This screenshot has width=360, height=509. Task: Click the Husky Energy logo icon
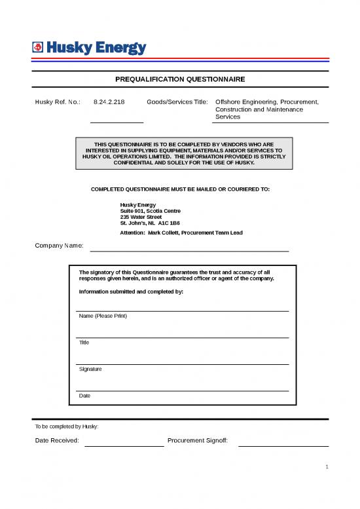click(x=38, y=47)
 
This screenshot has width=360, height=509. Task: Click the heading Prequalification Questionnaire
click(x=180, y=79)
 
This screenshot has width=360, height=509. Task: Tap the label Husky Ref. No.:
click(x=57, y=102)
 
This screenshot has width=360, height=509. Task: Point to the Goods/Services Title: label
click(x=177, y=102)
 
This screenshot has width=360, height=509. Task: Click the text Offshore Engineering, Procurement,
click(x=266, y=102)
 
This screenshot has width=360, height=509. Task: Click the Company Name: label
click(x=59, y=246)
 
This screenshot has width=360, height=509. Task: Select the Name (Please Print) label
click(x=103, y=316)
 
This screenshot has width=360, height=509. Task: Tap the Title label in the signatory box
click(x=84, y=343)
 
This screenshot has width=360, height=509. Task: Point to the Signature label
click(x=90, y=369)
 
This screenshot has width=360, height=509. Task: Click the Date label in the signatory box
click(x=84, y=396)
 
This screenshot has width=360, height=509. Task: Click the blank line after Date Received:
click(x=124, y=445)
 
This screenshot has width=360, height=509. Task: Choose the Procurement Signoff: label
click(x=198, y=440)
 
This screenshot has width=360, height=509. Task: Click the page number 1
click(x=326, y=467)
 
